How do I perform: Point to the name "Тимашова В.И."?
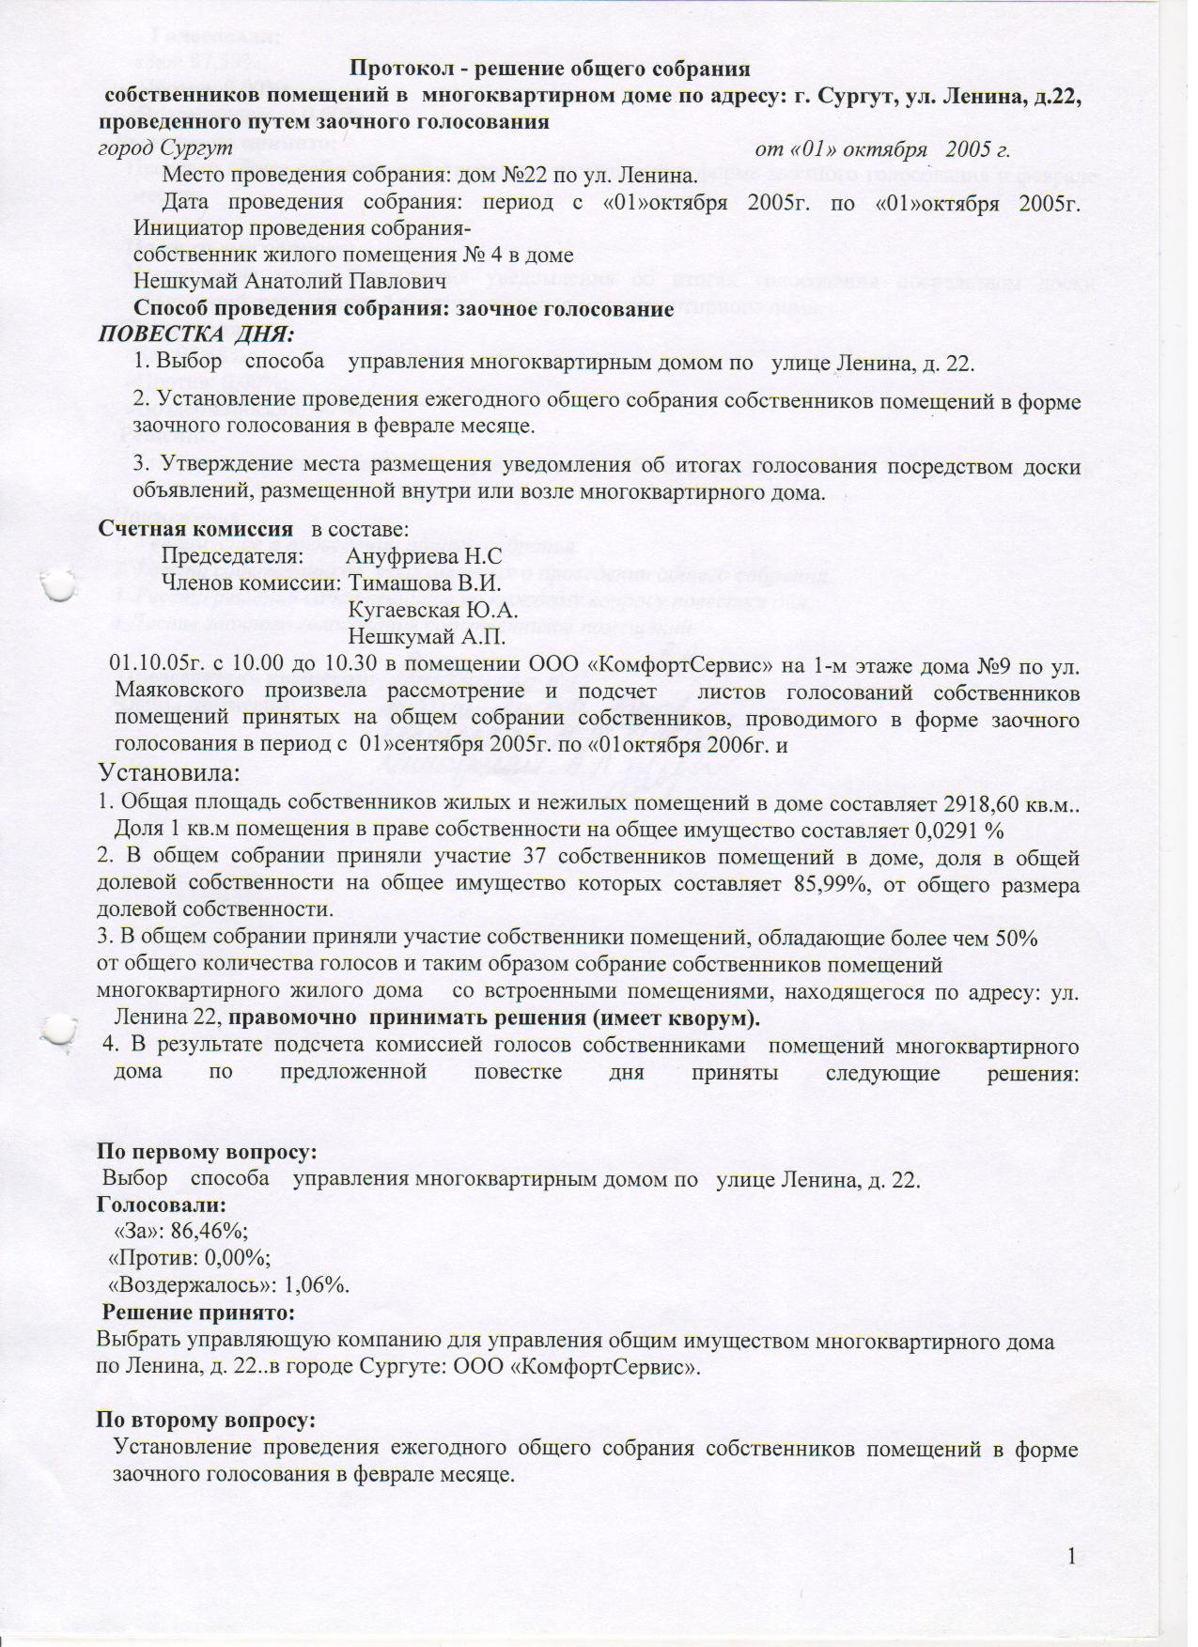(424, 583)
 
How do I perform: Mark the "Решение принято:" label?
(199, 1312)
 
